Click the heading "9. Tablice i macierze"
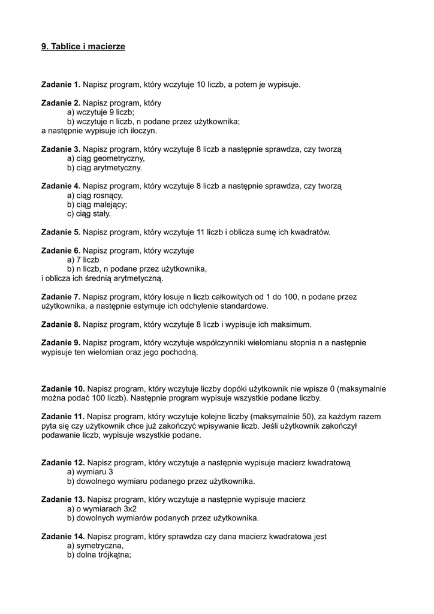coord(83,46)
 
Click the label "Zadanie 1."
coord(61,85)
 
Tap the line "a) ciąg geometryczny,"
coord(106,158)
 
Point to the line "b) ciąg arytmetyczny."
coord(104,168)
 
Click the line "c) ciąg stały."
coord(89,213)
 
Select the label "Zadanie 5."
coord(61,231)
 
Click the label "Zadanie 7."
coord(61,296)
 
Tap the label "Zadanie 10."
coord(63,389)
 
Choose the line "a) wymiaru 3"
coord(90,472)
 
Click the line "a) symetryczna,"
coord(95,546)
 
